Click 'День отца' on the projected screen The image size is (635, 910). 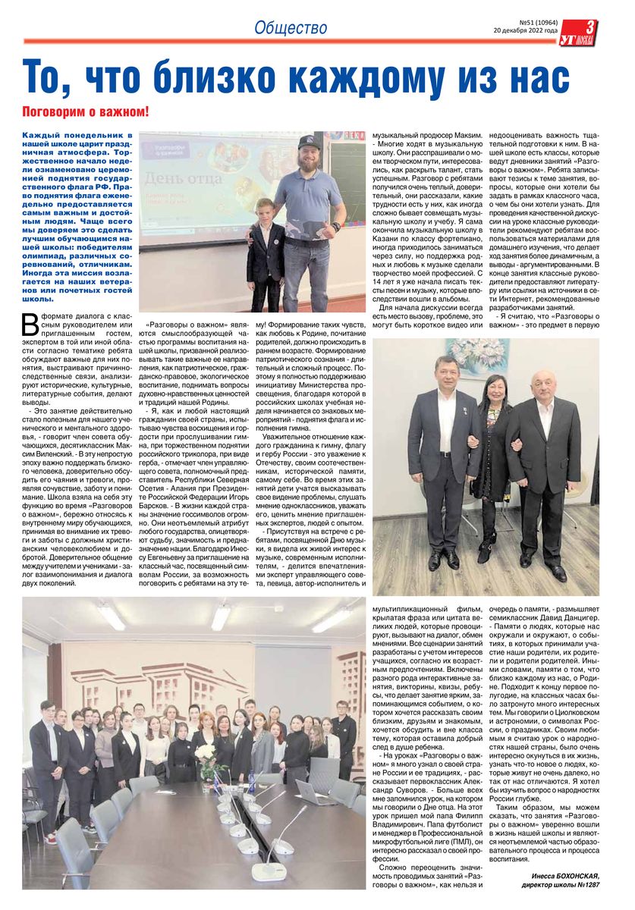pyautogui.click(x=178, y=179)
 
